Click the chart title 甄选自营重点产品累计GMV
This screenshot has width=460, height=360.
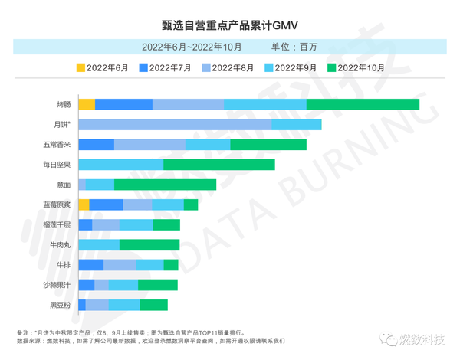[x=229, y=24]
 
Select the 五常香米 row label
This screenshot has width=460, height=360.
[x=58, y=145]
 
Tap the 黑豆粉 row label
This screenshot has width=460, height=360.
[x=61, y=305]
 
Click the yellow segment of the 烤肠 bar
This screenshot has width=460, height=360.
[x=87, y=104]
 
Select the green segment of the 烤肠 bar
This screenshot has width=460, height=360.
[x=363, y=104]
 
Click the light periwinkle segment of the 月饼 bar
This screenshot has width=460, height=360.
[x=175, y=124]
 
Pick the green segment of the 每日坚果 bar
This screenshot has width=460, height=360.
[x=219, y=165]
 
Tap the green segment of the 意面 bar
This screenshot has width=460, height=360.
[x=165, y=185]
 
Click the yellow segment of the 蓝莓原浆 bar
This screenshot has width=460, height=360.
[x=84, y=205]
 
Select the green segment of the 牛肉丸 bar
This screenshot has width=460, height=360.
[x=149, y=244]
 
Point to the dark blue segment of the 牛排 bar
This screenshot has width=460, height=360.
[x=90, y=264]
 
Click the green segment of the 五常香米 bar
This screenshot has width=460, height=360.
[x=268, y=145]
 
